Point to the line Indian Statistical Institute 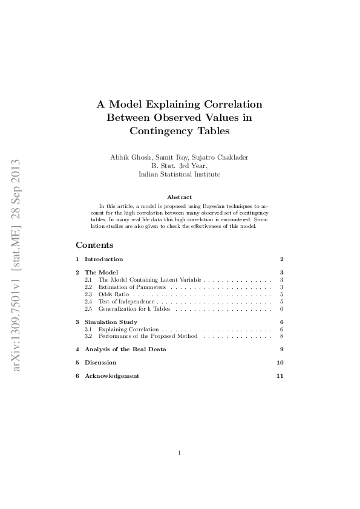click(x=179, y=173)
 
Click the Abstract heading click(x=179, y=197)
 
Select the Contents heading click(x=94, y=245)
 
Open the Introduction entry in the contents click(x=103, y=259)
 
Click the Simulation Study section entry click(x=111, y=322)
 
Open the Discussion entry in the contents click(x=100, y=363)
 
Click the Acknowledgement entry click(x=112, y=376)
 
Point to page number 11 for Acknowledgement click(x=280, y=376)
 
